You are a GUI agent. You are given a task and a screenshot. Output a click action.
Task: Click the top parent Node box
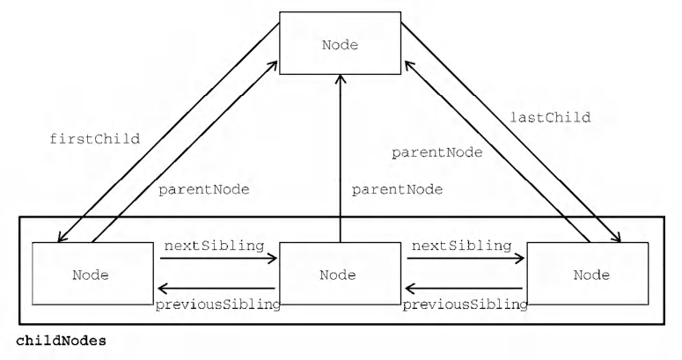click(x=340, y=43)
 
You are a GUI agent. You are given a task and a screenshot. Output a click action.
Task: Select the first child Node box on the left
click(x=92, y=274)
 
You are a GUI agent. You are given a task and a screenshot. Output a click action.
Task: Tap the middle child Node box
click(x=340, y=274)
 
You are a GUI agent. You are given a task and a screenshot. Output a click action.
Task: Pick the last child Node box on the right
click(x=588, y=274)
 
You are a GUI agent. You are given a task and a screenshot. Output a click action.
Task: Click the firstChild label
click(x=95, y=139)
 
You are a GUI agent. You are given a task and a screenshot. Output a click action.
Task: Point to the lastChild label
click(x=550, y=117)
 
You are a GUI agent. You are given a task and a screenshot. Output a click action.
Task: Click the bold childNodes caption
click(x=61, y=341)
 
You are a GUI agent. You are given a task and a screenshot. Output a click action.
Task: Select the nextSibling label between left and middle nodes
click(x=214, y=246)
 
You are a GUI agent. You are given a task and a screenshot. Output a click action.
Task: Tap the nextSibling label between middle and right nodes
click(x=461, y=246)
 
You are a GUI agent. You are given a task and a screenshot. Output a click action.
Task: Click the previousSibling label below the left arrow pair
click(x=218, y=305)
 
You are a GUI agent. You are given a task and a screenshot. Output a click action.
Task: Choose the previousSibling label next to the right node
click(x=465, y=305)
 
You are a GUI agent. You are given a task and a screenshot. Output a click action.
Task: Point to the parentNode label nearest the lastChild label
click(x=437, y=153)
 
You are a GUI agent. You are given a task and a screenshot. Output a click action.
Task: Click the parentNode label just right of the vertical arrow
click(x=397, y=190)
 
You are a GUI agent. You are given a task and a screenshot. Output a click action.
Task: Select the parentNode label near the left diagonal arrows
click(x=204, y=190)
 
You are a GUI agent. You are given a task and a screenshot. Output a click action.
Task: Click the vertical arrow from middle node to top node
click(x=341, y=158)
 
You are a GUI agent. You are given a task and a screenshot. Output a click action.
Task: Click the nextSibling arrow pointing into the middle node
click(x=218, y=259)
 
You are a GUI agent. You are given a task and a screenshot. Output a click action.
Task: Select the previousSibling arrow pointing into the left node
click(x=216, y=288)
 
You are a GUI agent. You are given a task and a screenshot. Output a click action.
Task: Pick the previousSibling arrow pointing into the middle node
click(x=463, y=288)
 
